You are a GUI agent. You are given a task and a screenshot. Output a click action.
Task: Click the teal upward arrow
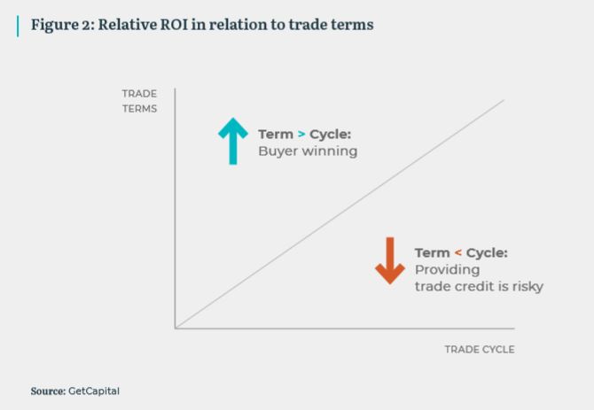click(233, 141)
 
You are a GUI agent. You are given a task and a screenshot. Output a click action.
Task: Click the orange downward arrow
click(390, 260)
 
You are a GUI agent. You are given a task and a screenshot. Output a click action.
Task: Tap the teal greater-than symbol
click(301, 134)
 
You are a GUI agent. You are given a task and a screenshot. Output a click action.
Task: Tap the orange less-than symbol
click(458, 252)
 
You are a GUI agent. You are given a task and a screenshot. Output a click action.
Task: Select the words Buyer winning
click(308, 151)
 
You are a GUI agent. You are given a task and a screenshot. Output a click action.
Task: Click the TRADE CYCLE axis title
click(480, 349)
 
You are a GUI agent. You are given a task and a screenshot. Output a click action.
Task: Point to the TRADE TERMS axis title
click(139, 101)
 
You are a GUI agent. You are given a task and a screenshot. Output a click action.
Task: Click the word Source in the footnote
click(48, 391)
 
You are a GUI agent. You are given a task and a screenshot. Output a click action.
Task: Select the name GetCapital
click(94, 391)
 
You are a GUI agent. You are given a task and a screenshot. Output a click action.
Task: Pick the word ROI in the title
click(175, 25)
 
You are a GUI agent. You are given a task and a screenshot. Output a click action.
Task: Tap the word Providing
click(448, 270)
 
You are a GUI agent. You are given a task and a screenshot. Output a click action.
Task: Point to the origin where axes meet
click(176, 328)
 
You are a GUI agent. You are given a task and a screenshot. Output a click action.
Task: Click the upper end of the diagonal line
click(504, 100)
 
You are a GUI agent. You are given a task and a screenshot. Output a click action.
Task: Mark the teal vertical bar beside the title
click(18, 26)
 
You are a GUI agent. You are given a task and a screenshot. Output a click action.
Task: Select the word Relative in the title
click(128, 25)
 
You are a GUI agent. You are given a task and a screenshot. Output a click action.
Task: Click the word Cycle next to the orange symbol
click(487, 252)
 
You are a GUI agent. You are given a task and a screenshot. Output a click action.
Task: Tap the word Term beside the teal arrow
click(276, 135)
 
